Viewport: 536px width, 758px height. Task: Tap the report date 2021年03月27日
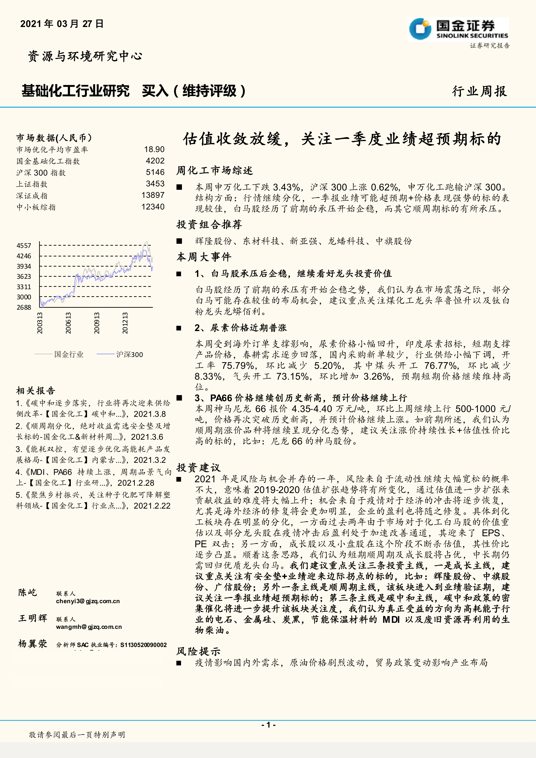point(62,24)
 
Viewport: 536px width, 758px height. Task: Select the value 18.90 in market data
point(154,150)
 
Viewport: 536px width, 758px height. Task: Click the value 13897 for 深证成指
point(153,195)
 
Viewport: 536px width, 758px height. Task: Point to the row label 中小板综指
point(36,207)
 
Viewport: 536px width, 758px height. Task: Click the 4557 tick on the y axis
point(24,246)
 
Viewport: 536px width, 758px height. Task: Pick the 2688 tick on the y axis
point(24,307)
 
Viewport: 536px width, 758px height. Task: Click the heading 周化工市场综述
point(214,170)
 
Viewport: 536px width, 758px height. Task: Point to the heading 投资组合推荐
point(209,225)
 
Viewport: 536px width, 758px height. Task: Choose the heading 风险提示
point(198,651)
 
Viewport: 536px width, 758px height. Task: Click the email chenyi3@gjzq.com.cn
point(88,601)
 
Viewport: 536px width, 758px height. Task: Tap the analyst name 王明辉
point(33,618)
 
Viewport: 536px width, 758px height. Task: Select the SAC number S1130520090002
point(144,645)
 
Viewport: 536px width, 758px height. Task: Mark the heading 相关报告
point(36,391)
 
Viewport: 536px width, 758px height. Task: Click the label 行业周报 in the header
point(479,91)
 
